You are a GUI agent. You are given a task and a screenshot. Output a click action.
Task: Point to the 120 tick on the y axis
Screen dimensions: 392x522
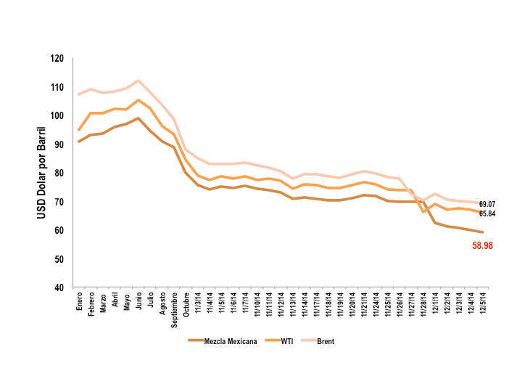(57, 59)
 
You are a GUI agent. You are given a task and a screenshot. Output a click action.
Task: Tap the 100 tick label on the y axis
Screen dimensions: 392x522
(57, 116)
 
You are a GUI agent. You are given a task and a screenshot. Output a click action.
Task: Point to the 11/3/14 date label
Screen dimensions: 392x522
(198, 304)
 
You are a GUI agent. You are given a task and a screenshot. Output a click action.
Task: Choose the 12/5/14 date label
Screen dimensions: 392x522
(482, 304)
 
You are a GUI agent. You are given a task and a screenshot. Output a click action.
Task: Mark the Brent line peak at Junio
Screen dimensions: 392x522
(138, 81)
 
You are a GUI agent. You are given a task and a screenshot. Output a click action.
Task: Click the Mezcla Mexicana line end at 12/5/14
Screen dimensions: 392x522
(482, 232)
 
